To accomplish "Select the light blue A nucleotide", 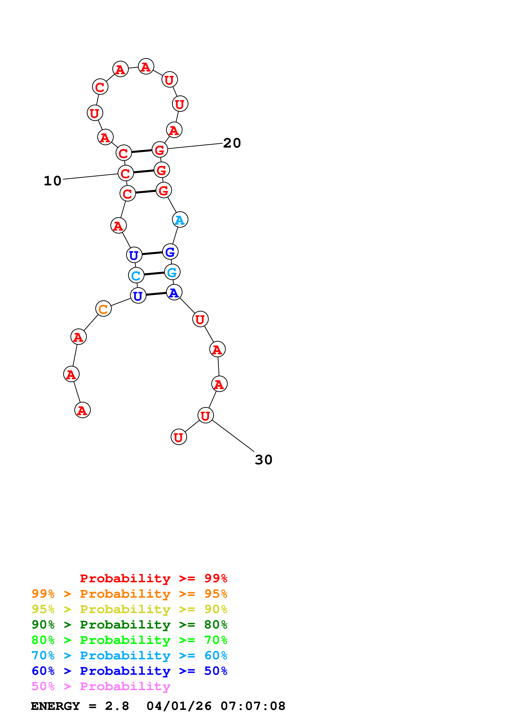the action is pos(180,220).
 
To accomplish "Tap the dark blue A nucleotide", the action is pos(174,292).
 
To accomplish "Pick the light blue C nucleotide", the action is pos(136,275).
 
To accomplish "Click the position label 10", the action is pos(52,181).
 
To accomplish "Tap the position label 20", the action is pos(232,143).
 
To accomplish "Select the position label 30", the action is pos(263,460).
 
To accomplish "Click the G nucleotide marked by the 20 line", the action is pos(160,150).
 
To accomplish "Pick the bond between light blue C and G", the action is pos(154,274).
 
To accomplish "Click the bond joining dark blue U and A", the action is pos(156,294).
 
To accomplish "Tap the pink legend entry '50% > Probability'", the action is pos(101,686).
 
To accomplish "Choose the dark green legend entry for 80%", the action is pos(129,625).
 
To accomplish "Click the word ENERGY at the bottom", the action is pos(55,706).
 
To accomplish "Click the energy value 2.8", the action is pos(117,706).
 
